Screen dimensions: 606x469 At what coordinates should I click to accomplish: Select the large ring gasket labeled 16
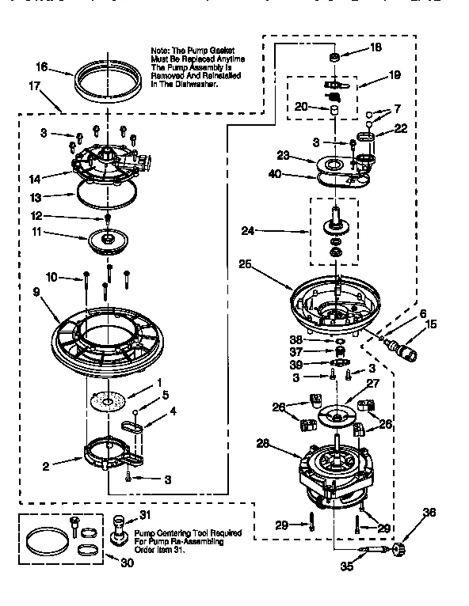coord(104,80)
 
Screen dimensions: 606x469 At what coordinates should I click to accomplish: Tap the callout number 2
coord(45,466)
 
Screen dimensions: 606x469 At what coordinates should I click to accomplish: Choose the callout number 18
coord(376,47)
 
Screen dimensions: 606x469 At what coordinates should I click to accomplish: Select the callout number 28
coord(264,445)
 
